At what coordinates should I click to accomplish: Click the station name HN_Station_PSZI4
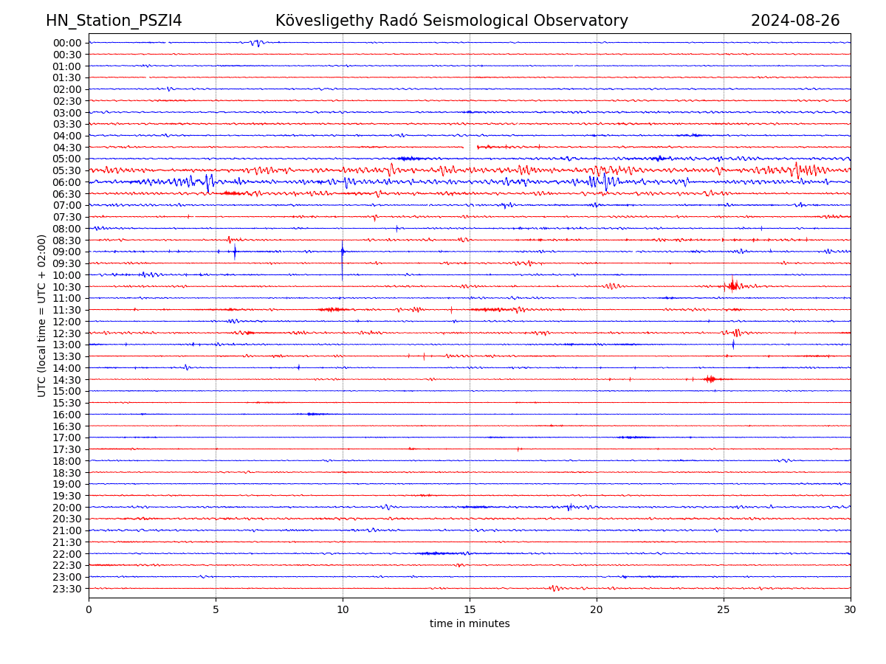[x=114, y=21]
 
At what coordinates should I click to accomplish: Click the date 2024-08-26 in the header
[x=795, y=21]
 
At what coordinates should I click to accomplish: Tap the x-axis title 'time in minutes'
[x=470, y=624]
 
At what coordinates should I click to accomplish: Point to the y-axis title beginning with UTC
[x=42, y=316]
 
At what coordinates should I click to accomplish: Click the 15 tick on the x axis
[x=470, y=609]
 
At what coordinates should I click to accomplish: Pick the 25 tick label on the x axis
[x=724, y=609]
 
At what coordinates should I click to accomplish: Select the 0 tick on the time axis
[x=89, y=609]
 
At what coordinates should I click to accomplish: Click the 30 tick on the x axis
[x=851, y=609]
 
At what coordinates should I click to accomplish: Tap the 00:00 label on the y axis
[x=67, y=43]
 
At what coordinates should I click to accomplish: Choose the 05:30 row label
[x=67, y=170]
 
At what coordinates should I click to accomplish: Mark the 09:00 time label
[x=67, y=252]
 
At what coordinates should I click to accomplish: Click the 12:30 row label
[x=67, y=333]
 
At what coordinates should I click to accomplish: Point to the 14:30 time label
[x=67, y=380]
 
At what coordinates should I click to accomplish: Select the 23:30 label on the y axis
[x=67, y=589]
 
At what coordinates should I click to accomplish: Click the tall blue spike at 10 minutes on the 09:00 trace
[x=343, y=252]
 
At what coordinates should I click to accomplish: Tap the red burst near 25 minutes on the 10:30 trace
[x=732, y=285]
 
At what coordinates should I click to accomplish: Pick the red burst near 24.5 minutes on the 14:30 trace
[x=710, y=379]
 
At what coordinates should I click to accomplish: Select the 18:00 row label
[x=67, y=461]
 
